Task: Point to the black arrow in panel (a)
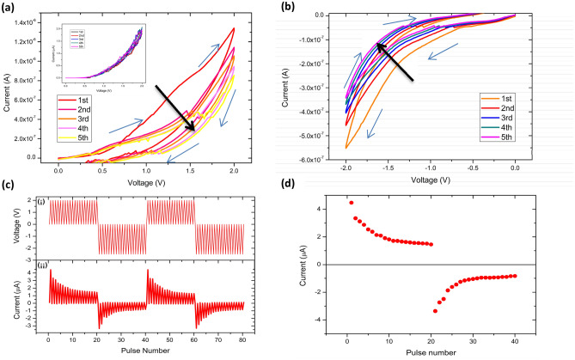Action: tap(175, 108)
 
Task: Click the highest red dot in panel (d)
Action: tap(351, 203)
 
